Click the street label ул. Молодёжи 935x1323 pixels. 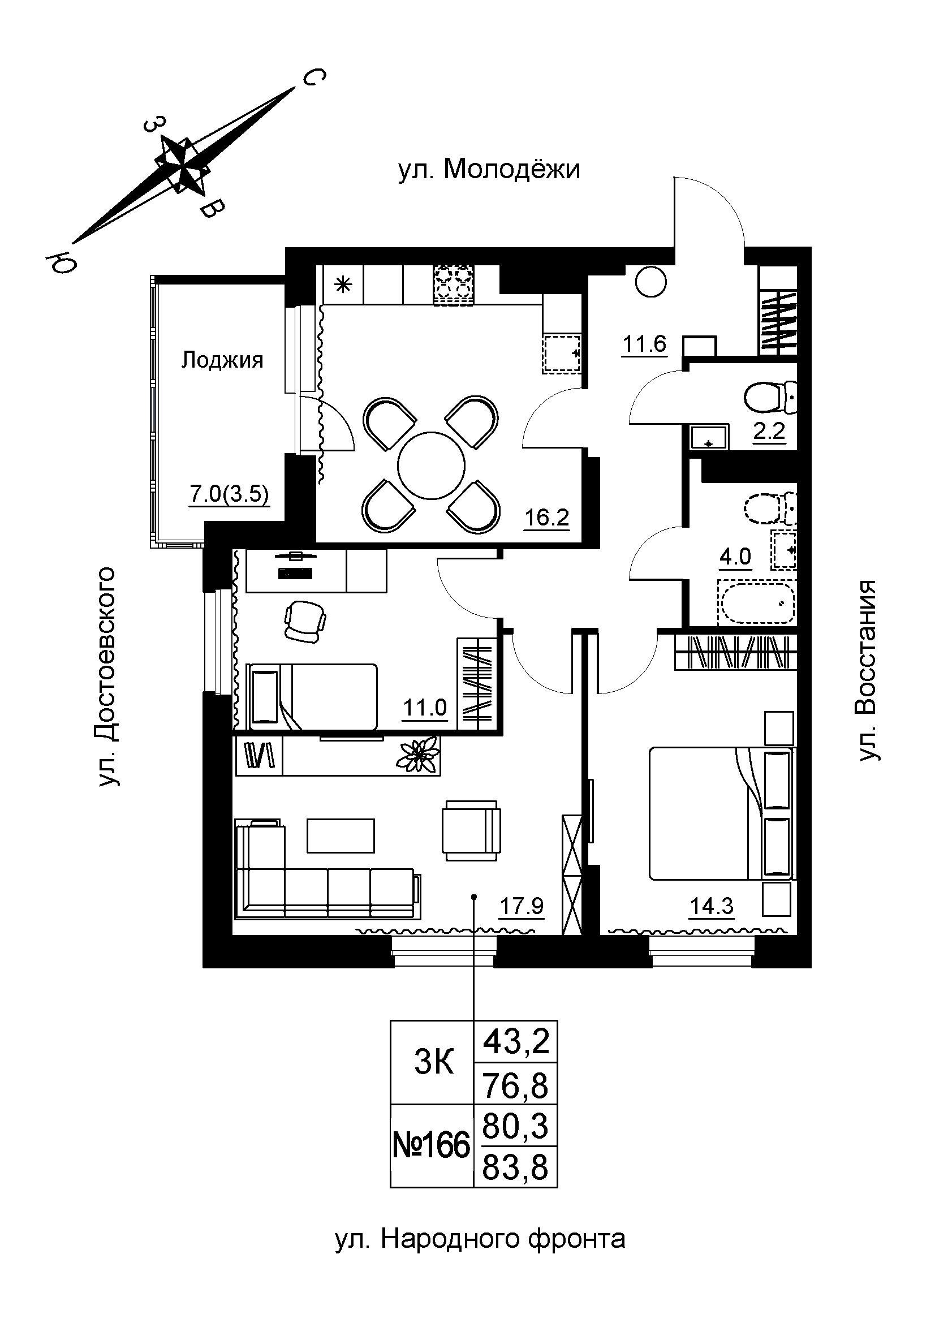pos(489,170)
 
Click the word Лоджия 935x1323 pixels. pos(222,360)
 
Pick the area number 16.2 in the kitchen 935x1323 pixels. pos(546,518)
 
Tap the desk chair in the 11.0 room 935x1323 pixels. pos(305,620)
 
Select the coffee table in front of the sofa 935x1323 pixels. pos(341,835)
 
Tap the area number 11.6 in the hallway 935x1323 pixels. pos(644,344)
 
